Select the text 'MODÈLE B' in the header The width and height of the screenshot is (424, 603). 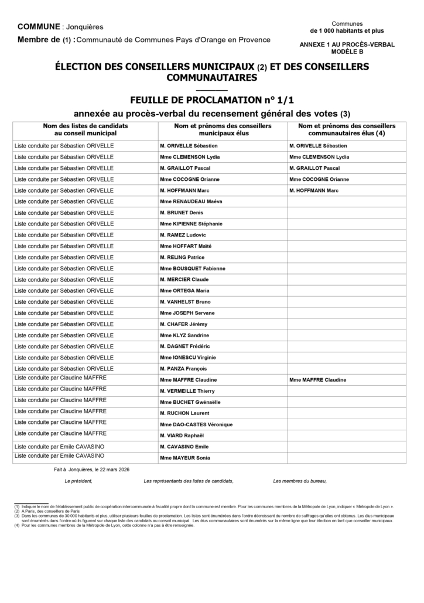347,52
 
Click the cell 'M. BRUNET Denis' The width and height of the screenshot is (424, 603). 182,213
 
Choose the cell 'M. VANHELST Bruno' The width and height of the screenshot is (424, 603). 184,301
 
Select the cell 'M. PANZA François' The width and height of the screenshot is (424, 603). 183,369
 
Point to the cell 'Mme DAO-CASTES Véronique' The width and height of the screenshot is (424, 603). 196,424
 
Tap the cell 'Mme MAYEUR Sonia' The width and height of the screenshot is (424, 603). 184,458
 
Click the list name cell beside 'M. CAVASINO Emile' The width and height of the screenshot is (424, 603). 59,446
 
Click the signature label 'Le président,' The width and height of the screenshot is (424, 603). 78,481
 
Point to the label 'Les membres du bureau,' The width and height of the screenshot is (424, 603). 300,481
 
